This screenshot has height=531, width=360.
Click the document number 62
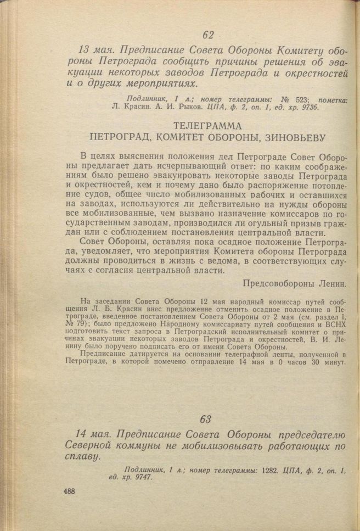pyautogui.click(x=208, y=35)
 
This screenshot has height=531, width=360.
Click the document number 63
pyautogui.click(x=206, y=419)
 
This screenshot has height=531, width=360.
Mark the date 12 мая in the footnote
pyautogui.click(x=206, y=300)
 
